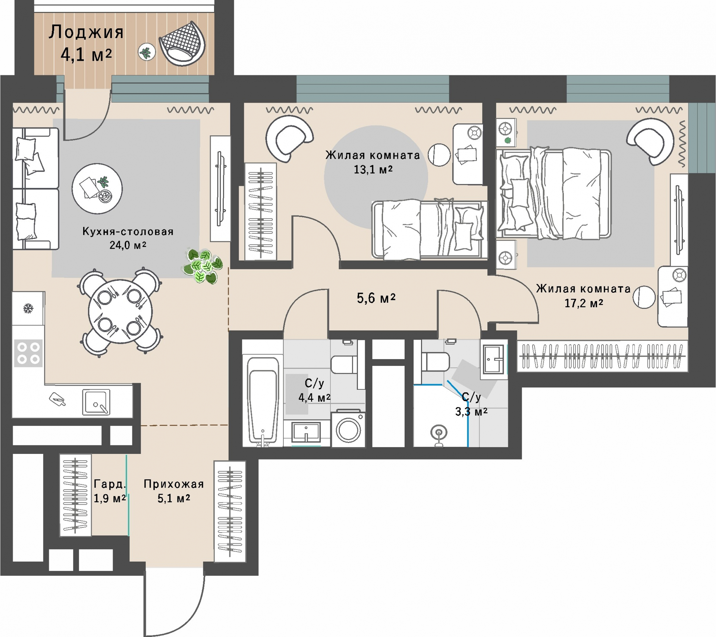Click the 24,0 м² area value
click(x=128, y=245)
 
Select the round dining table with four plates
click(x=120, y=311)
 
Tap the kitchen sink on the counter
click(x=96, y=402)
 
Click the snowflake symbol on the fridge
click(x=28, y=308)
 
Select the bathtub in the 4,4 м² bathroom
click(x=263, y=400)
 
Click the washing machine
click(x=348, y=429)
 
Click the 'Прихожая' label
click(x=174, y=484)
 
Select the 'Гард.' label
click(x=110, y=484)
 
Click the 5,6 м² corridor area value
click(x=376, y=298)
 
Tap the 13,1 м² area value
click(x=373, y=170)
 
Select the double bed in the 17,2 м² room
click(x=553, y=193)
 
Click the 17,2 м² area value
click(x=584, y=303)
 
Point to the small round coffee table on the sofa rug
click(x=97, y=188)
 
